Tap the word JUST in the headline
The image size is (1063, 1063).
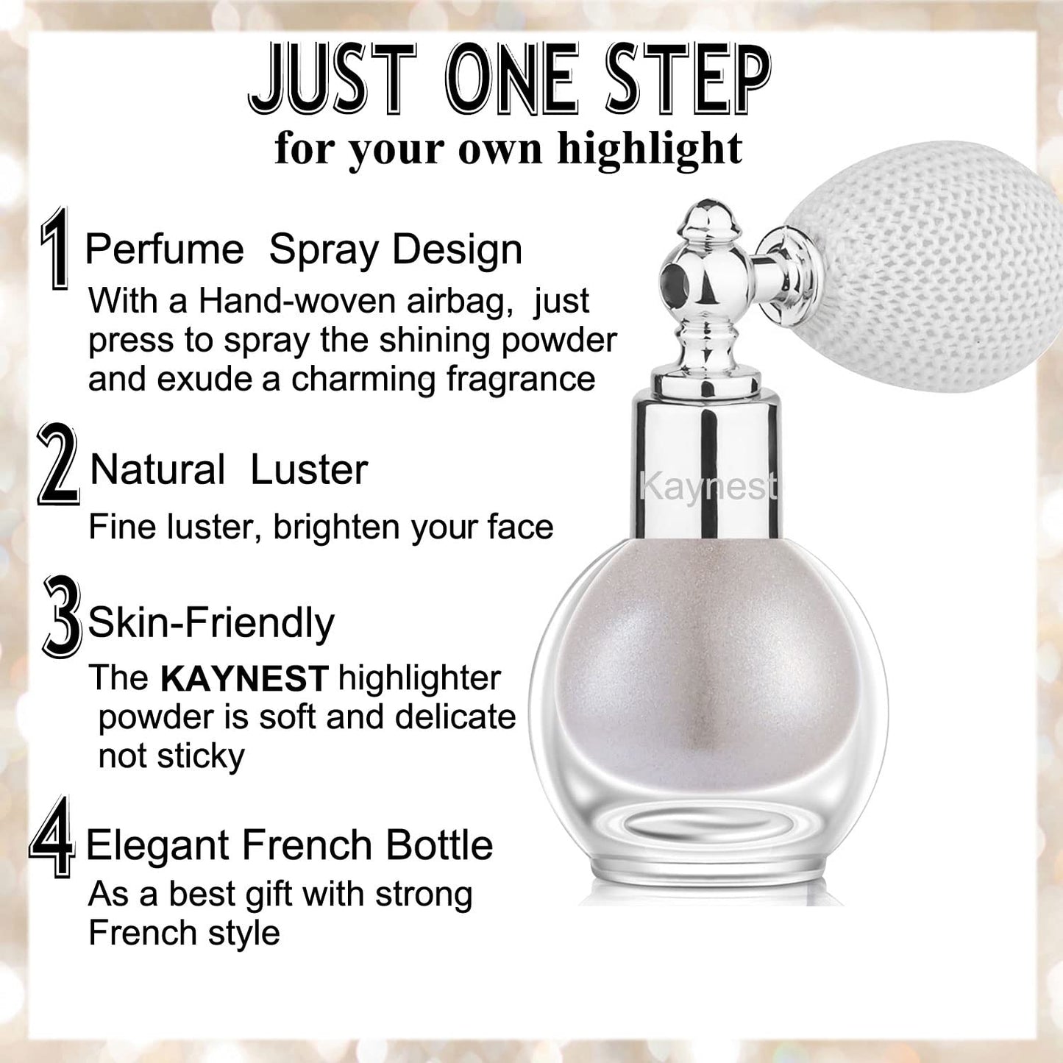[333, 79]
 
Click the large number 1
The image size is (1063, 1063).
[55, 248]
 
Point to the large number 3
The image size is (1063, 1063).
[63, 616]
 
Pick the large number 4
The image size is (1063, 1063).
[52, 836]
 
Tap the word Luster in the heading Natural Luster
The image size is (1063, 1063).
[309, 470]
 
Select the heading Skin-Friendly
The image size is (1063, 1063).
[211, 623]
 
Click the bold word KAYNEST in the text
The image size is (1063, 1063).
[244, 679]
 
